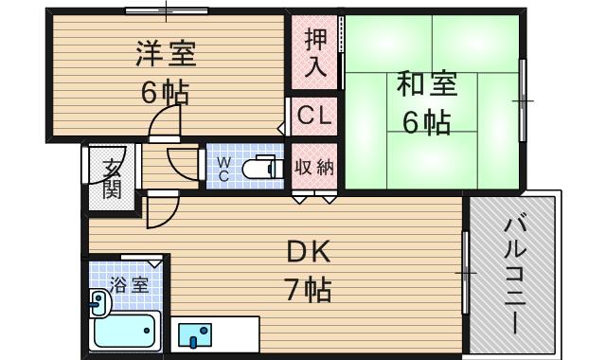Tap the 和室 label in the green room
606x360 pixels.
coord(427,84)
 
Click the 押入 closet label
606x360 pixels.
coord(315,53)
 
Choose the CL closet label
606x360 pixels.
coord(314,117)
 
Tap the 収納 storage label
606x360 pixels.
coord(314,168)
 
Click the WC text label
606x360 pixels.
coord(224,169)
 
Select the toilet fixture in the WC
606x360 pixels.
coord(260,169)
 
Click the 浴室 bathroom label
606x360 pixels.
coord(129,283)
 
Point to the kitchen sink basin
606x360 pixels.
coord(194,334)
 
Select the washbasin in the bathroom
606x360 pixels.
coord(98,303)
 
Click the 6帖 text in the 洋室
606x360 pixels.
coord(167,93)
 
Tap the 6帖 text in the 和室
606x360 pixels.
coord(427,121)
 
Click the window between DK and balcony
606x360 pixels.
coord(465,273)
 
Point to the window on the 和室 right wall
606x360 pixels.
coord(522,99)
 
